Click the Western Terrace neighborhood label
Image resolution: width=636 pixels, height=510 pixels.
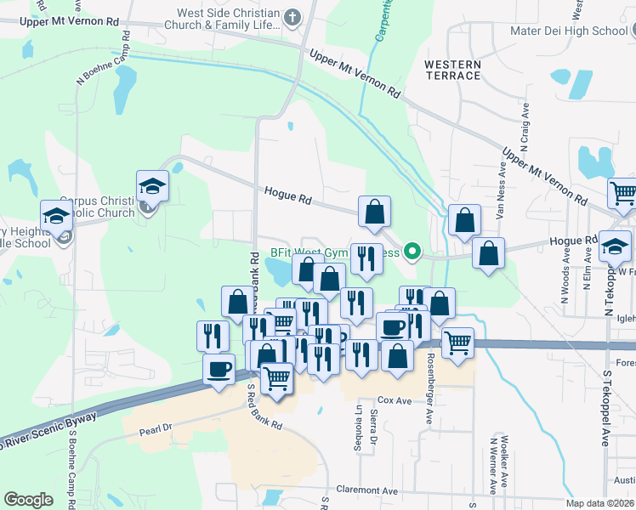(452, 71)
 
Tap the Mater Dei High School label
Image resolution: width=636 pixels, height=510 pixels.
(580, 31)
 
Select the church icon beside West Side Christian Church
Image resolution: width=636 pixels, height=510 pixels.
(292, 16)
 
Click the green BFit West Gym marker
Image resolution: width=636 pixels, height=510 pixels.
(412, 252)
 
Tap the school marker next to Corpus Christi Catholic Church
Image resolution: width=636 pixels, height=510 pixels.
(153, 186)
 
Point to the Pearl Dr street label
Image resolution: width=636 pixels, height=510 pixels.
(156, 431)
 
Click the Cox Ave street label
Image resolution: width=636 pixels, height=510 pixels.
(394, 399)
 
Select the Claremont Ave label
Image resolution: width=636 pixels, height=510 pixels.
(367, 490)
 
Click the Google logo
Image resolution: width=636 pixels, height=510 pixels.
(29, 499)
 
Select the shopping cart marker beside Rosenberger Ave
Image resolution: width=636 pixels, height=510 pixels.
(457, 343)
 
